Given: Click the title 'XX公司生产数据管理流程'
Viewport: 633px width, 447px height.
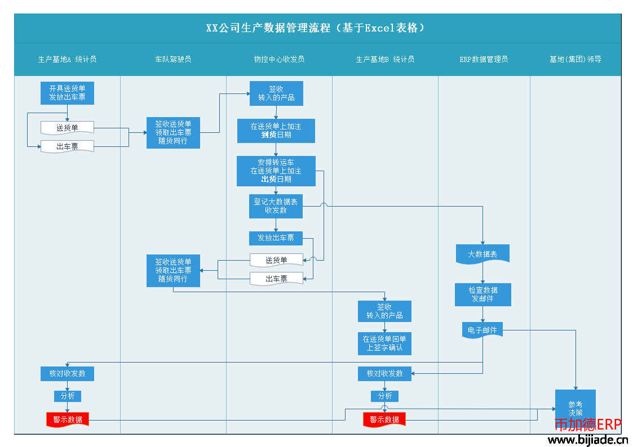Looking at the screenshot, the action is pos(268,28).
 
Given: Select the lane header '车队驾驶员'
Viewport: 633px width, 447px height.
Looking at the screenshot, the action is pos(173,59).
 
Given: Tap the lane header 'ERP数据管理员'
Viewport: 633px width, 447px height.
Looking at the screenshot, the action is pos(484,59).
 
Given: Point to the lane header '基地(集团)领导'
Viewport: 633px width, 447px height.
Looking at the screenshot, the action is pos(576,59).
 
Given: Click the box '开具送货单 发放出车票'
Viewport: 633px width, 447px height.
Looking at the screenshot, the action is pos(68,93).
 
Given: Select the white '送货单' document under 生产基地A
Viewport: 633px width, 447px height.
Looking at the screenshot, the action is pos(68,128).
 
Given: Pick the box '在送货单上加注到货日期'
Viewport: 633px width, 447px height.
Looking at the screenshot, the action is pos(276,131).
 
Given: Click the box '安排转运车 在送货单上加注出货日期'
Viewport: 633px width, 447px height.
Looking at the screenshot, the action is pos(276,171).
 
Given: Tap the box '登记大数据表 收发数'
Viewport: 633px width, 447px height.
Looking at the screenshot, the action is pos(276,207).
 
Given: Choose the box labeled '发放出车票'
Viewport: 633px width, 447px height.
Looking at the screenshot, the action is pos(276,238).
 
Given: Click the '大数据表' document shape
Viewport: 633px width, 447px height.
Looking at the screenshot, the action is pos(483,254).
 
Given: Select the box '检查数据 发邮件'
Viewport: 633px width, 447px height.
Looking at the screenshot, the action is pos(483,294).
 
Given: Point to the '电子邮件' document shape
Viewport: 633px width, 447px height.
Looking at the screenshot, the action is pos(483,330).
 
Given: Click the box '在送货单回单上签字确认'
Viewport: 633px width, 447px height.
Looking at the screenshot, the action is pos(385,344).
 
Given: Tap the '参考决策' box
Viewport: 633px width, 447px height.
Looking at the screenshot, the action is pos(576,408).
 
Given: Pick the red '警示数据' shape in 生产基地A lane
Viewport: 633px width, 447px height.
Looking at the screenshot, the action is pos(68,419).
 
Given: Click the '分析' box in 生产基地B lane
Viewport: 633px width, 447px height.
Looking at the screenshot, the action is pos(385,396).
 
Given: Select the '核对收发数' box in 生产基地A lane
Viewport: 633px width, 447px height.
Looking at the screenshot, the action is pos(68,374).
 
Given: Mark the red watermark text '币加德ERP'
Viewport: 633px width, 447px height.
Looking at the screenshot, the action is pos(588,424).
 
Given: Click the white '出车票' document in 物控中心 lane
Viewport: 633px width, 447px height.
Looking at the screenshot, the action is pos(277,279).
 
